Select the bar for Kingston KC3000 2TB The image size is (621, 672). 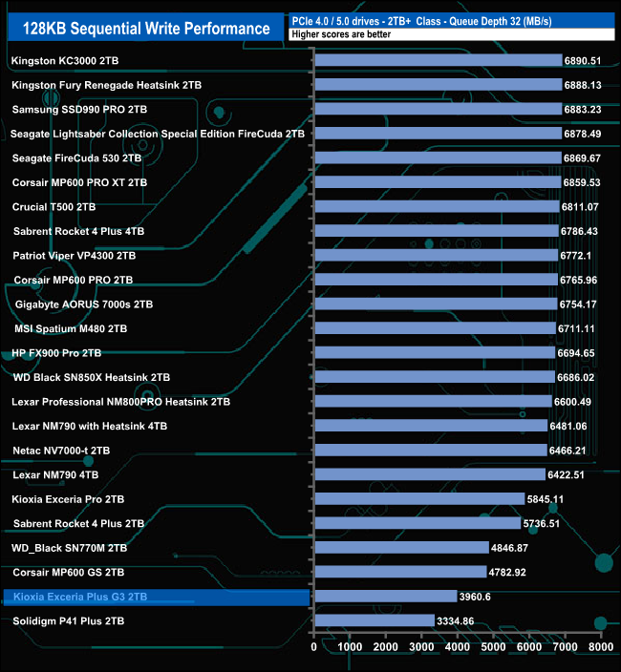439,61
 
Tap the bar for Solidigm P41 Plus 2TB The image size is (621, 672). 375,620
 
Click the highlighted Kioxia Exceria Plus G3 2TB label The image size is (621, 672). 80,597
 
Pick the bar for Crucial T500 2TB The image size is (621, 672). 437,207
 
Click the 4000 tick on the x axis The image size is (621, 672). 458,646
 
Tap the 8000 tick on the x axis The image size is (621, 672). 600,646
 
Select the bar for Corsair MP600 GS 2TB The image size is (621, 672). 400,572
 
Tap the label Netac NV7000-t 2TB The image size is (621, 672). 61,451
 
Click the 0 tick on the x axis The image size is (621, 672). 314,646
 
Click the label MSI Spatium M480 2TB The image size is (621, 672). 71,328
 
